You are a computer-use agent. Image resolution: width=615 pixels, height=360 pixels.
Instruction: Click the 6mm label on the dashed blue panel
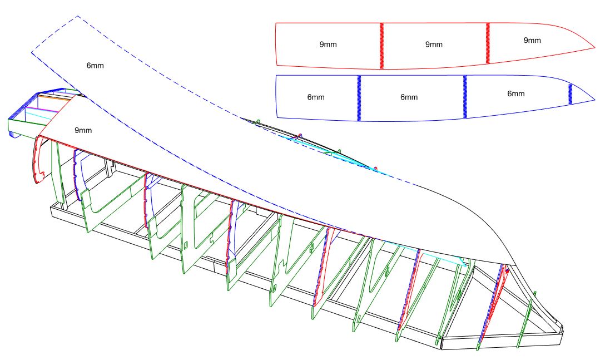95,65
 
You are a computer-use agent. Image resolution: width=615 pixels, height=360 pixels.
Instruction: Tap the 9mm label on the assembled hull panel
83,130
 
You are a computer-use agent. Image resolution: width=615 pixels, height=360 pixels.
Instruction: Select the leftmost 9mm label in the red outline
328,44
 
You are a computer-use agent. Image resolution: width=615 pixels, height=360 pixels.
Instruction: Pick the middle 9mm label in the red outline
434,44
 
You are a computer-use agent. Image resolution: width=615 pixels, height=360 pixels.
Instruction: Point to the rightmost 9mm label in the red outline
532,40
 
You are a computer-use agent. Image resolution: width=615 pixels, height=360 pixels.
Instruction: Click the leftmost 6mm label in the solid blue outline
316,97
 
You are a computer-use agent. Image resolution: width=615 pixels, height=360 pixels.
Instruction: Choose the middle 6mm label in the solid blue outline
409,97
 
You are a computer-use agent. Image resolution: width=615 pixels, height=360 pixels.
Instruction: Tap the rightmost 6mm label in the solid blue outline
516,93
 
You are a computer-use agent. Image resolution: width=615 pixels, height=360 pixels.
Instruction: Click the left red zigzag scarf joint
382,46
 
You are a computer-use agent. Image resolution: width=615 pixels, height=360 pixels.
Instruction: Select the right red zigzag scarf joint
488,43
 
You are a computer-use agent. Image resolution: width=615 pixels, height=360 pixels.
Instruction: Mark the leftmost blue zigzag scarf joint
359,98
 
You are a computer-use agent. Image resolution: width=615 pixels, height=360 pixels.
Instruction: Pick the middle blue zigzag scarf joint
465,96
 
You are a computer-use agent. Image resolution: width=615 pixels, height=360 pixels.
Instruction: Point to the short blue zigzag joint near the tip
570,93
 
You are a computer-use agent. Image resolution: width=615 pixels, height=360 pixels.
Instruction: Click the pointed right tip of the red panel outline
594,48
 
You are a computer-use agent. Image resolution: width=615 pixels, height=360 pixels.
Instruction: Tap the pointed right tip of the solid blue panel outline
594,101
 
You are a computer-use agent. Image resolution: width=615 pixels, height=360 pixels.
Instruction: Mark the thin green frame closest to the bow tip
526,323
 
